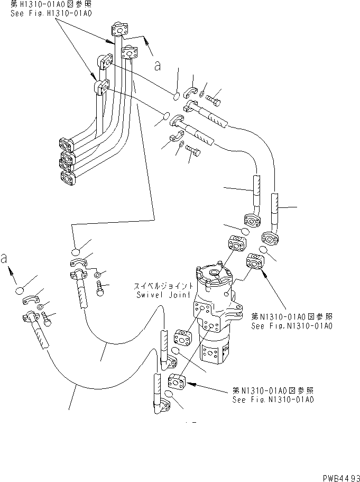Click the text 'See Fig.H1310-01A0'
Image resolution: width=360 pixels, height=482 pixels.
tap(51, 13)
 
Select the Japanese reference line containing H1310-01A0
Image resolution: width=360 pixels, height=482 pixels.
tap(51, 5)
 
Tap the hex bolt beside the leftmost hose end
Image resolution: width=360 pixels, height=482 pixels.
tap(49, 319)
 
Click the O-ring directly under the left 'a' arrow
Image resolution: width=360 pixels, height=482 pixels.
tap(20, 291)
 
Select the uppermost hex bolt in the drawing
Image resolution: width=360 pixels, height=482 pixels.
tap(214, 98)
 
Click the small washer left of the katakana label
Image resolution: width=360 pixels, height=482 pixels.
tap(98, 275)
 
